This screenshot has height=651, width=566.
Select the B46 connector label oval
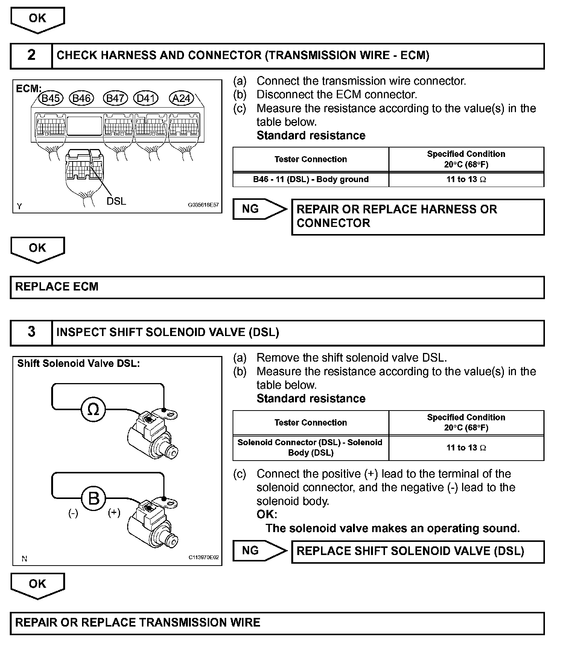pos(82,99)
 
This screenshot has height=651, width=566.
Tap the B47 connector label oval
pos(116,99)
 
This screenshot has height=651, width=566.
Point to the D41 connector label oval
pos(146,99)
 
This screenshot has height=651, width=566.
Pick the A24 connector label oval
pos(181,99)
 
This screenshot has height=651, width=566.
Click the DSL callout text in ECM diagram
pos(116,201)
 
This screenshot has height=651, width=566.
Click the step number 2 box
pos(31,56)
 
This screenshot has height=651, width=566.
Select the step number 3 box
pos(31,332)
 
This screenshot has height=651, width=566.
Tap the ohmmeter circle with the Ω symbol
pos(93,409)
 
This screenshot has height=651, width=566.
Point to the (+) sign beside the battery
pos(114,513)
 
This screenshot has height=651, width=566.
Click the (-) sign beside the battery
pos(73,513)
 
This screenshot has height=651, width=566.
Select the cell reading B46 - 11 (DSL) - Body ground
pos(310,179)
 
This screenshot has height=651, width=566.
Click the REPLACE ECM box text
pos(57,287)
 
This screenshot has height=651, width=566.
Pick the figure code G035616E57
pos(203,205)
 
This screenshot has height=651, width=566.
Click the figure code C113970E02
pos(204,557)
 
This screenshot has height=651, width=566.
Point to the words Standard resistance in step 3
pos(311,399)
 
